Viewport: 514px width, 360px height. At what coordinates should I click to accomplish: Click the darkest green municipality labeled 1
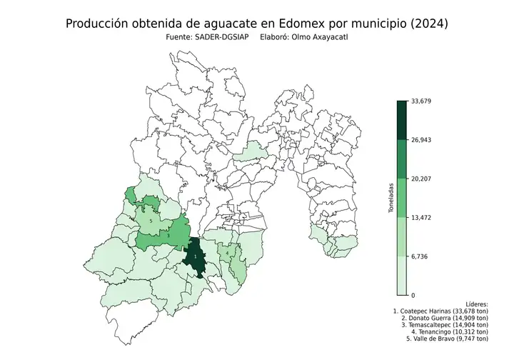click(195, 257)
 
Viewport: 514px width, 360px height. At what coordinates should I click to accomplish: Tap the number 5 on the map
click(151, 221)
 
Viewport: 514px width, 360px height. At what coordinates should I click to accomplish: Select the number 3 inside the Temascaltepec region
click(167, 235)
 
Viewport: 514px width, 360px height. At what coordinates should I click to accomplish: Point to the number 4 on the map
click(227, 253)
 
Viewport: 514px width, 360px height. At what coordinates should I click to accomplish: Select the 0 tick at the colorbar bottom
click(413, 294)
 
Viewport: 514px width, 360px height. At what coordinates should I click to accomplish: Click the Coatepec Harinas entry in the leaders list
click(440, 311)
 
